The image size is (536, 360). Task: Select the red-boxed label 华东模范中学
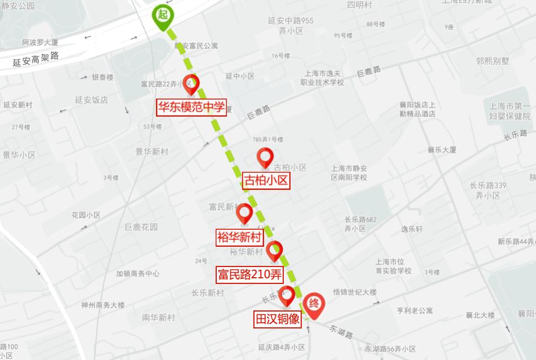tap(191, 107)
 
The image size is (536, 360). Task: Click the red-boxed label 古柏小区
tap(266, 181)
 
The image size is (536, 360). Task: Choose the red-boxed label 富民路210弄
tap(249, 275)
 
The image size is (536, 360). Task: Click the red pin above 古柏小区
tap(265, 157)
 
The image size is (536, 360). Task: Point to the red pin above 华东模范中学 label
tap(191, 83)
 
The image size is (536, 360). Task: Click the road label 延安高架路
tap(36, 59)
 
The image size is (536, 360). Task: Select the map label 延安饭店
tap(91, 100)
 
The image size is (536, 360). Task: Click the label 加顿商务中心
tap(138, 274)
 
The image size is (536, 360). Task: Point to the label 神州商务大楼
tap(103, 305)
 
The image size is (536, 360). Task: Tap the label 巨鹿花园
tap(141, 227)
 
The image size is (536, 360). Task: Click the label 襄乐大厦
tap(441, 150)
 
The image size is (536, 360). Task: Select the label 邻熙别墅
tap(492, 61)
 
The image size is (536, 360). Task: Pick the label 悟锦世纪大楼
tap(355, 292)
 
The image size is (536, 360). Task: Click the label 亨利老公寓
tap(415, 310)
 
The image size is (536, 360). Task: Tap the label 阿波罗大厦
tap(41, 42)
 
